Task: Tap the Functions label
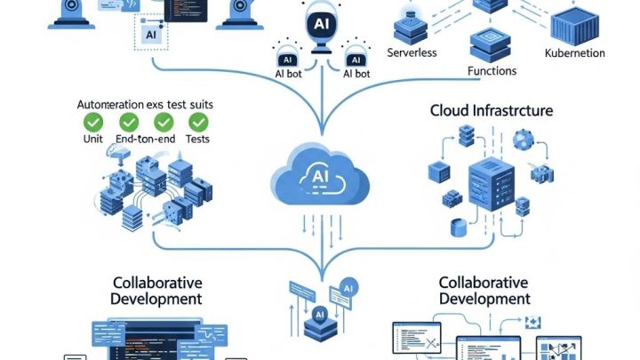click(x=492, y=70)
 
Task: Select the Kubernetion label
click(x=574, y=53)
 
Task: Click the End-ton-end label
click(x=144, y=139)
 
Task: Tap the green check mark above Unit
click(x=92, y=122)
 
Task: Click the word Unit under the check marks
click(x=92, y=139)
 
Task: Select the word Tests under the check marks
click(x=198, y=139)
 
